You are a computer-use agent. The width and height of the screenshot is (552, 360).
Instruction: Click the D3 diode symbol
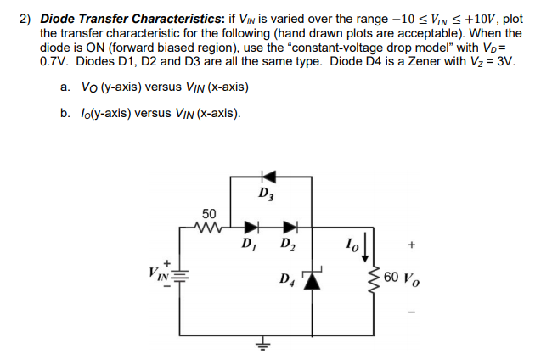coord(268,177)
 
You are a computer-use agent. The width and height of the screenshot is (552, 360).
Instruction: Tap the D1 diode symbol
coord(251,228)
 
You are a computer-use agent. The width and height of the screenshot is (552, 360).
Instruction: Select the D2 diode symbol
coord(290,228)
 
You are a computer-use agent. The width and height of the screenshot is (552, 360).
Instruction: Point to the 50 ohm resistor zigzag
coord(208,228)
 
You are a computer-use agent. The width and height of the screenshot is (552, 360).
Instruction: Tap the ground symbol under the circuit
coord(263,346)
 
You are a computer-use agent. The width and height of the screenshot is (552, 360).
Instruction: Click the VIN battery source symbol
coord(179,276)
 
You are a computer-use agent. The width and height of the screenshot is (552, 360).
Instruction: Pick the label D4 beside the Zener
coord(288,279)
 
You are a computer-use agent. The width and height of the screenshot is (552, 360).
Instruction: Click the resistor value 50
coord(209,214)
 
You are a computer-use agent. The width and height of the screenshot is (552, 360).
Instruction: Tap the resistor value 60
coord(391,277)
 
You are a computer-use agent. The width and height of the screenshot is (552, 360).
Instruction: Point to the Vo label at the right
coord(411,279)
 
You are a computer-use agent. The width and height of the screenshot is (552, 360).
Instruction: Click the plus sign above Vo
coord(412,245)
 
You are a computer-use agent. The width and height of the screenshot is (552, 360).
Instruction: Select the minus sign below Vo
coord(412,312)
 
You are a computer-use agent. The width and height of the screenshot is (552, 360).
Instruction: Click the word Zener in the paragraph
coord(416,61)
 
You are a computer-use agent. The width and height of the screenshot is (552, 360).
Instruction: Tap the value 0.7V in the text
coord(54,61)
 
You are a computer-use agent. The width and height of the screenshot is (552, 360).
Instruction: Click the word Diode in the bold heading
coord(56,19)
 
